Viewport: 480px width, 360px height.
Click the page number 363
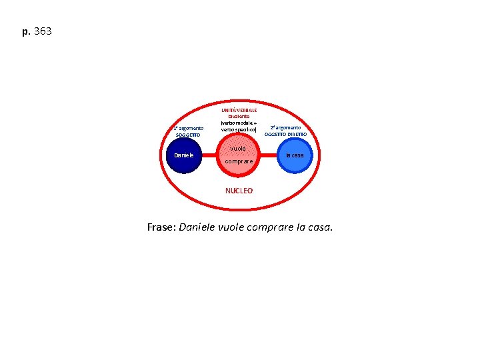(x=41, y=31)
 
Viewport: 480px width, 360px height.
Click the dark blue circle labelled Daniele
(x=184, y=155)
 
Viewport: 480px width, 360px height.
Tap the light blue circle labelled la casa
(x=295, y=155)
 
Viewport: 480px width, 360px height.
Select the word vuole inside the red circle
(x=238, y=148)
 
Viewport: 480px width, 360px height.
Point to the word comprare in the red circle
(x=239, y=161)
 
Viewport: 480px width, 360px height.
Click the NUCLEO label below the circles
(x=239, y=191)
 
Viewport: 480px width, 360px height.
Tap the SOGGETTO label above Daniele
(x=187, y=135)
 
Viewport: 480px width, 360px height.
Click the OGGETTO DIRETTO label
(x=285, y=134)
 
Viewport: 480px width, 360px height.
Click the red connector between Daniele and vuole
(x=213, y=155)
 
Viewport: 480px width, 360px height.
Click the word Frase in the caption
(x=160, y=228)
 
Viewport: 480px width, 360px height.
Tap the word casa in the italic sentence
(x=317, y=228)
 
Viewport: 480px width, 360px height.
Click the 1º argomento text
(x=187, y=127)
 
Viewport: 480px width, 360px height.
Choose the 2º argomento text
(x=285, y=127)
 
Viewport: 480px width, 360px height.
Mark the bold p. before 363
(x=26, y=31)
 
